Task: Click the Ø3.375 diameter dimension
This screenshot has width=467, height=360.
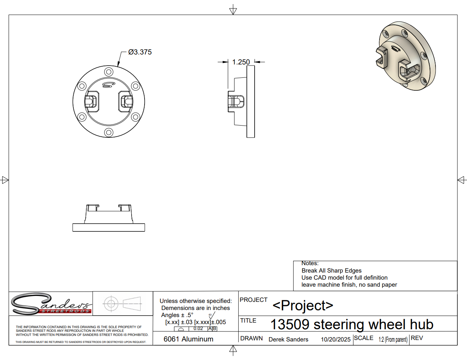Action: coord(140,52)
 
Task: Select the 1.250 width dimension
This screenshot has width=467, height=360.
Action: coord(241,62)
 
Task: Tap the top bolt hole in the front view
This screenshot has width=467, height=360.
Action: coord(109,72)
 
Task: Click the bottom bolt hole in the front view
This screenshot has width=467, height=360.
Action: coord(109,132)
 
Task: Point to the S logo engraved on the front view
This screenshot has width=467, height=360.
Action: coord(109,85)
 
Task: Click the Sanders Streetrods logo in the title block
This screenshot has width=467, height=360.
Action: coord(51,304)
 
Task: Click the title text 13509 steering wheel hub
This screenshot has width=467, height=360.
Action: coord(352,324)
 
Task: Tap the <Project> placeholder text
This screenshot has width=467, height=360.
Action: coord(303,305)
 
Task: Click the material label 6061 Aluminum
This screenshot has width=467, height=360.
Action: coord(189,339)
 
